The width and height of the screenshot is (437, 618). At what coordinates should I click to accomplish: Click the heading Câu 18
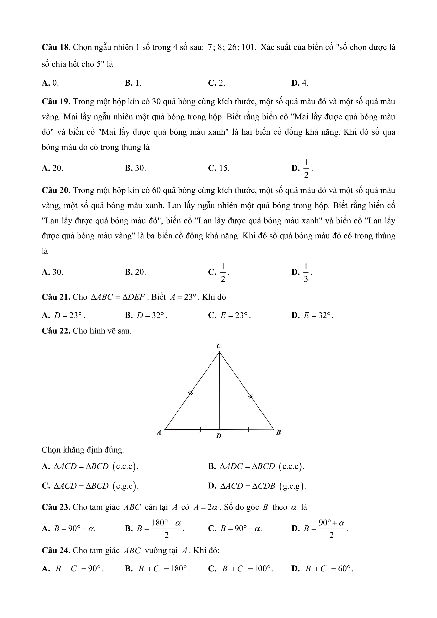[x=56, y=47]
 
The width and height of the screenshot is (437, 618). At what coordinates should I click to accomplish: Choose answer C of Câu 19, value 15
[x=219, y=168]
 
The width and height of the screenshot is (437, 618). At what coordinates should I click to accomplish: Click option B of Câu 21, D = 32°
[x=146, y=316]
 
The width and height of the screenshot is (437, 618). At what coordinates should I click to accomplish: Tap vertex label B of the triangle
[x=279, y=433]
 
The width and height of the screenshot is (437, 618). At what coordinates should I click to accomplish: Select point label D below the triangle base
[x=219, y=436]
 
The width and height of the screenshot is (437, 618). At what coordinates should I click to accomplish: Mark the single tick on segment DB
[x=249, y=430]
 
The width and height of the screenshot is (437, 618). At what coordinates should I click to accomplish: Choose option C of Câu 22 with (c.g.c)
[x=90, y=486]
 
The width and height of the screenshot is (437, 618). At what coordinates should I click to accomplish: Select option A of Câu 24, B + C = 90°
[x=73, y=569]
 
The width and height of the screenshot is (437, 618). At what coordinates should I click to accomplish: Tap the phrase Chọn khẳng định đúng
[x=83, y=450]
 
